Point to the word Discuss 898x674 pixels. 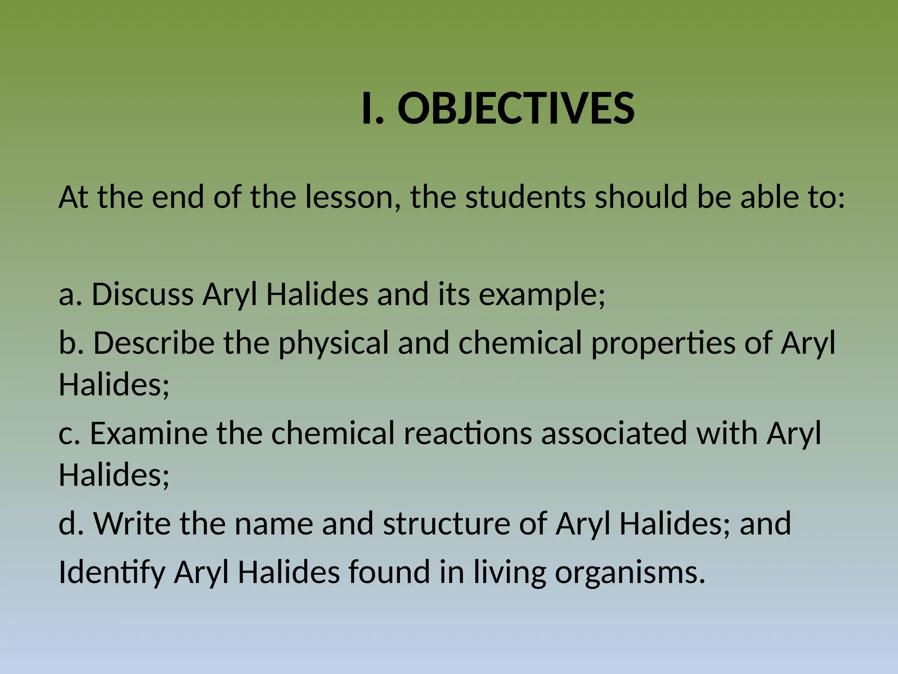tap(143, 294)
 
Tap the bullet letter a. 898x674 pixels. tap(69, 294)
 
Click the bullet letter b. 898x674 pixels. tap(70, 342)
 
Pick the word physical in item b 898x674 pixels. tap(333, 343)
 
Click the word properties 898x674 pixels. tap(663, 343)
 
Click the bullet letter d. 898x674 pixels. tap(70, 523)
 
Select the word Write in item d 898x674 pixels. tap(132, 523)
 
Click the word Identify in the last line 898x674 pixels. tap(111, 573)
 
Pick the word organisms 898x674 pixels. tap(630, 573)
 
